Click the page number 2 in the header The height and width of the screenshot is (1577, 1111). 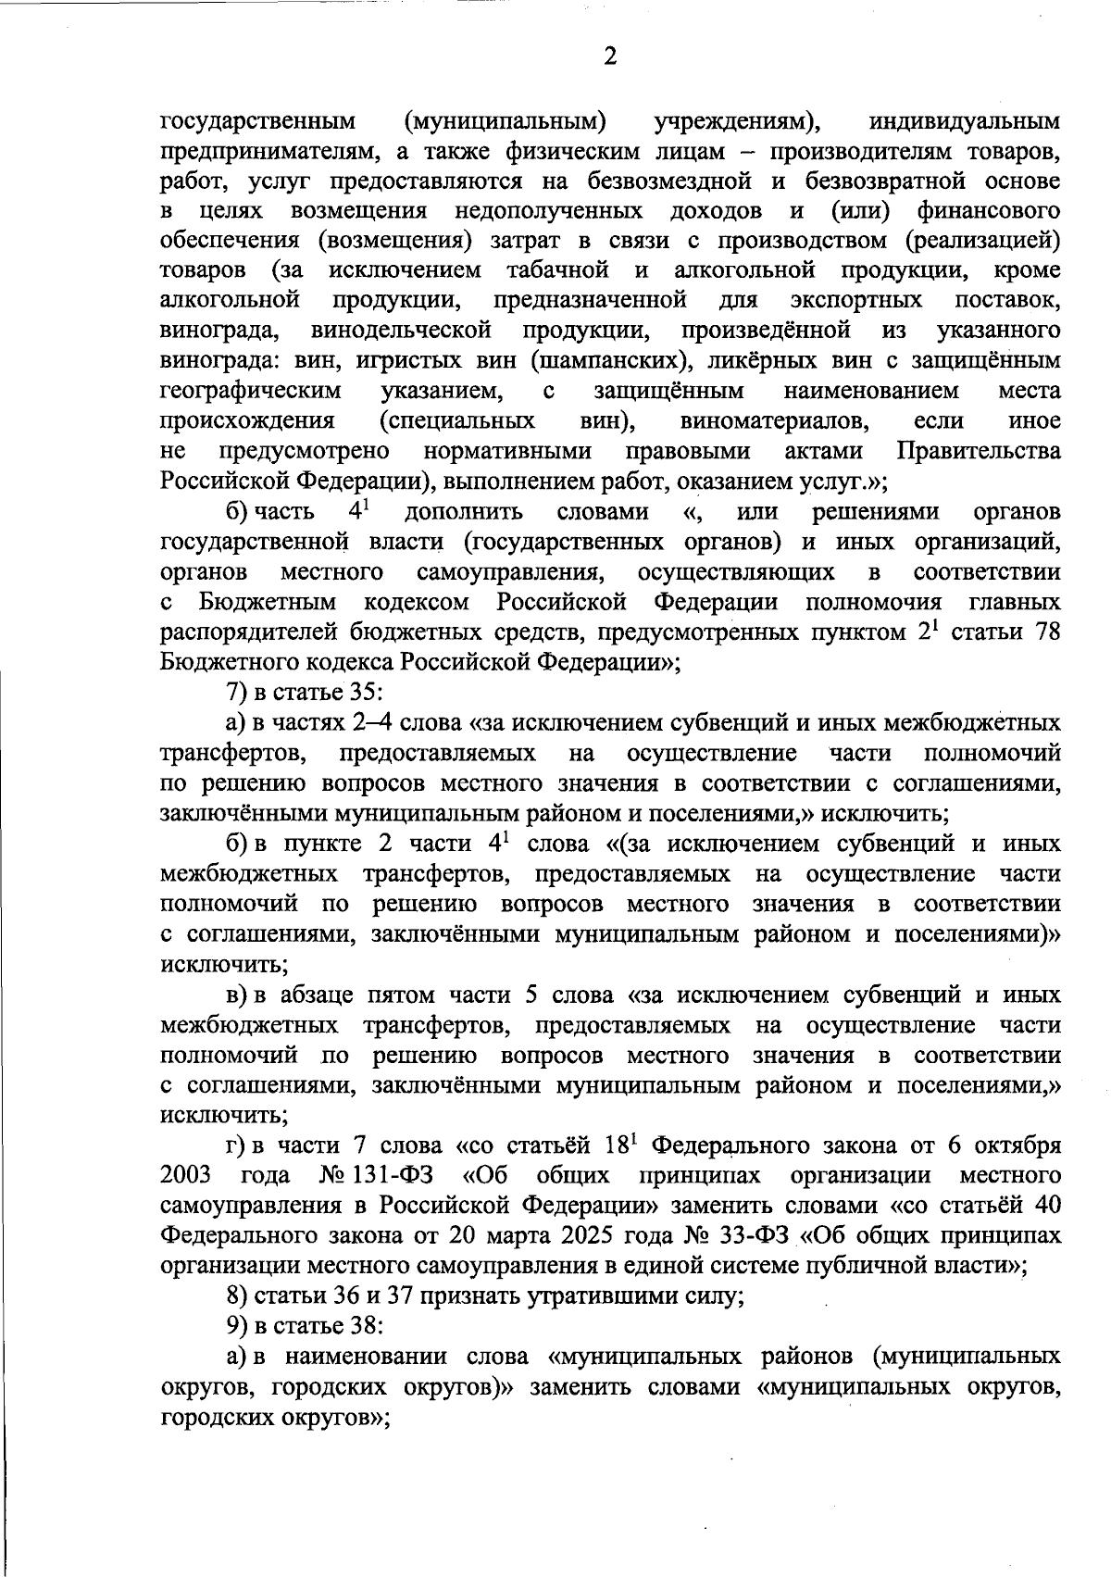[x=610, y=57]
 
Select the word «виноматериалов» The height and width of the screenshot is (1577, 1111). [x=774, y=421]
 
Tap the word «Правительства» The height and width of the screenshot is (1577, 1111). [x=979, y=451]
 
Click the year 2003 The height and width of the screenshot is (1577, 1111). [x=186, y=1176]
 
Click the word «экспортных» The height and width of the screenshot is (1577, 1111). [x=856, y=300]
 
